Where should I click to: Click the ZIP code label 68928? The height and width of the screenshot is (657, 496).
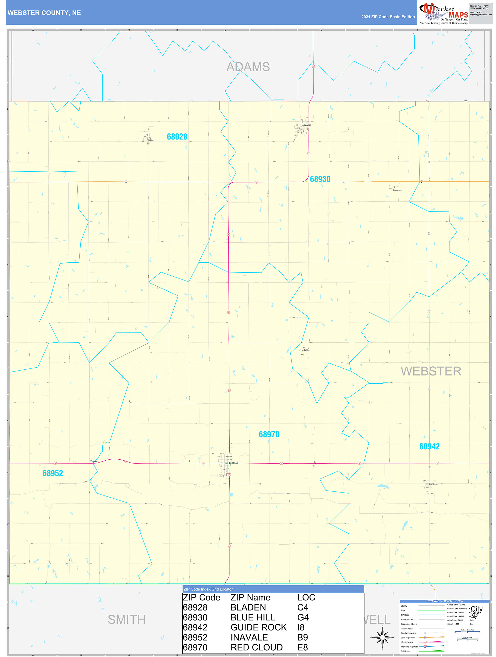point(177,137)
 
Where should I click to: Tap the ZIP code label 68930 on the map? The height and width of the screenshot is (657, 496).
point(320,179)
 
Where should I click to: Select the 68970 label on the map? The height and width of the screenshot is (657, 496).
point(269,434)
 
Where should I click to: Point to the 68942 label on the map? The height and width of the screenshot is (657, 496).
point(429,447)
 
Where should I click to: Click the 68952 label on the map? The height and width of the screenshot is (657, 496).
point(53,473)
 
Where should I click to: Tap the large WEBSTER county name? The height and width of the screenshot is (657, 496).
point(431,371)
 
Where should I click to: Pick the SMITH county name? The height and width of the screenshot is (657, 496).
point(127,620)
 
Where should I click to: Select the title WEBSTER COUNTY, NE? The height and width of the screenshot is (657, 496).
point(44,13)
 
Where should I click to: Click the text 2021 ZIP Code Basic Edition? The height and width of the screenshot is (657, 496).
point(388,17)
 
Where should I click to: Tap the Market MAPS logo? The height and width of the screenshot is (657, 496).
point(443,13)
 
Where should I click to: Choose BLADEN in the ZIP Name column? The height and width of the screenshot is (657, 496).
point(248,607)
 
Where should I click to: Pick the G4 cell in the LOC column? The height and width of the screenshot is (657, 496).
point(303,618)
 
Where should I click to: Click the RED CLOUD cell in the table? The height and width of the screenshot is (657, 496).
point(256,647)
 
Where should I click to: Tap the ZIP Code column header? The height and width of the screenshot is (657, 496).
point(201,598)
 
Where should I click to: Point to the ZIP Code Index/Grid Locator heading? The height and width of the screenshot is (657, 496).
point(208,589)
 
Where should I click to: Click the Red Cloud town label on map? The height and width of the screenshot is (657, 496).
point(234,463)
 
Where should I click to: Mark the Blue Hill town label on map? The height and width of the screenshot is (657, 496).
point(308,125)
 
